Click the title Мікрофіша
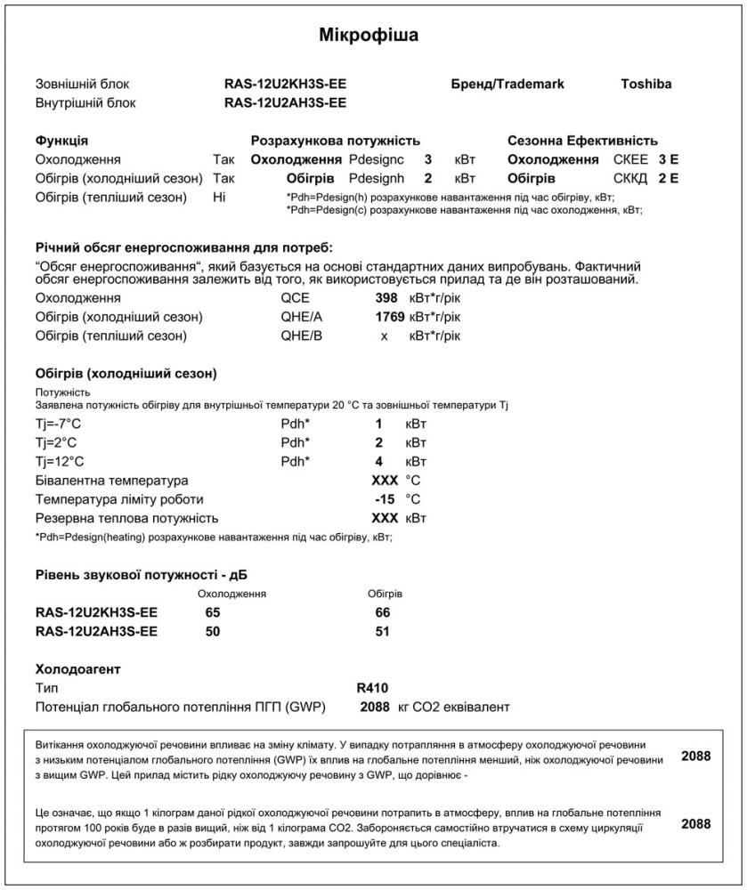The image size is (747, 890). pyautogui.click(x=369, y=36)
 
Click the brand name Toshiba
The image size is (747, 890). pyautogui.click(x=646, y=85)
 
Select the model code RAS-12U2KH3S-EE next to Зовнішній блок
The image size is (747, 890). pyautogui.click(x=285, y=85)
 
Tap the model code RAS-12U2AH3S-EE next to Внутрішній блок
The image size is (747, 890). pyautogui.click(x=285, y=102)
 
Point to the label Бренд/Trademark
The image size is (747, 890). pyautogui.click(x=507, y=85)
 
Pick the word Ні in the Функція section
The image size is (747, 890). pyautogui.click(x=220, y=198)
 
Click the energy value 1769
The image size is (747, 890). pyautogui.click(x=390, y=317)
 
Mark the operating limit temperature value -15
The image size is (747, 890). pyautogui.click(x=385, y=499)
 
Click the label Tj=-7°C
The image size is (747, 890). pyautogui.click(x=58, y=424)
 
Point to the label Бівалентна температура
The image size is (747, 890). pyautogui.click(x=112, y=481)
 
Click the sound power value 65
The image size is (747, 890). pyautogui.click(x=212, y=613)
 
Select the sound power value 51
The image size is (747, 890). pyautogui.click(x=384, y=632)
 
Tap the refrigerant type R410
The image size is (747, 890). pyautogui.click(x=372, y=688)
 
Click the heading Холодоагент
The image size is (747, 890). pyautogui.click(x=77, y=668)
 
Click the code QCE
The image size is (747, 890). pyautogui.click(x=294, y=298)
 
